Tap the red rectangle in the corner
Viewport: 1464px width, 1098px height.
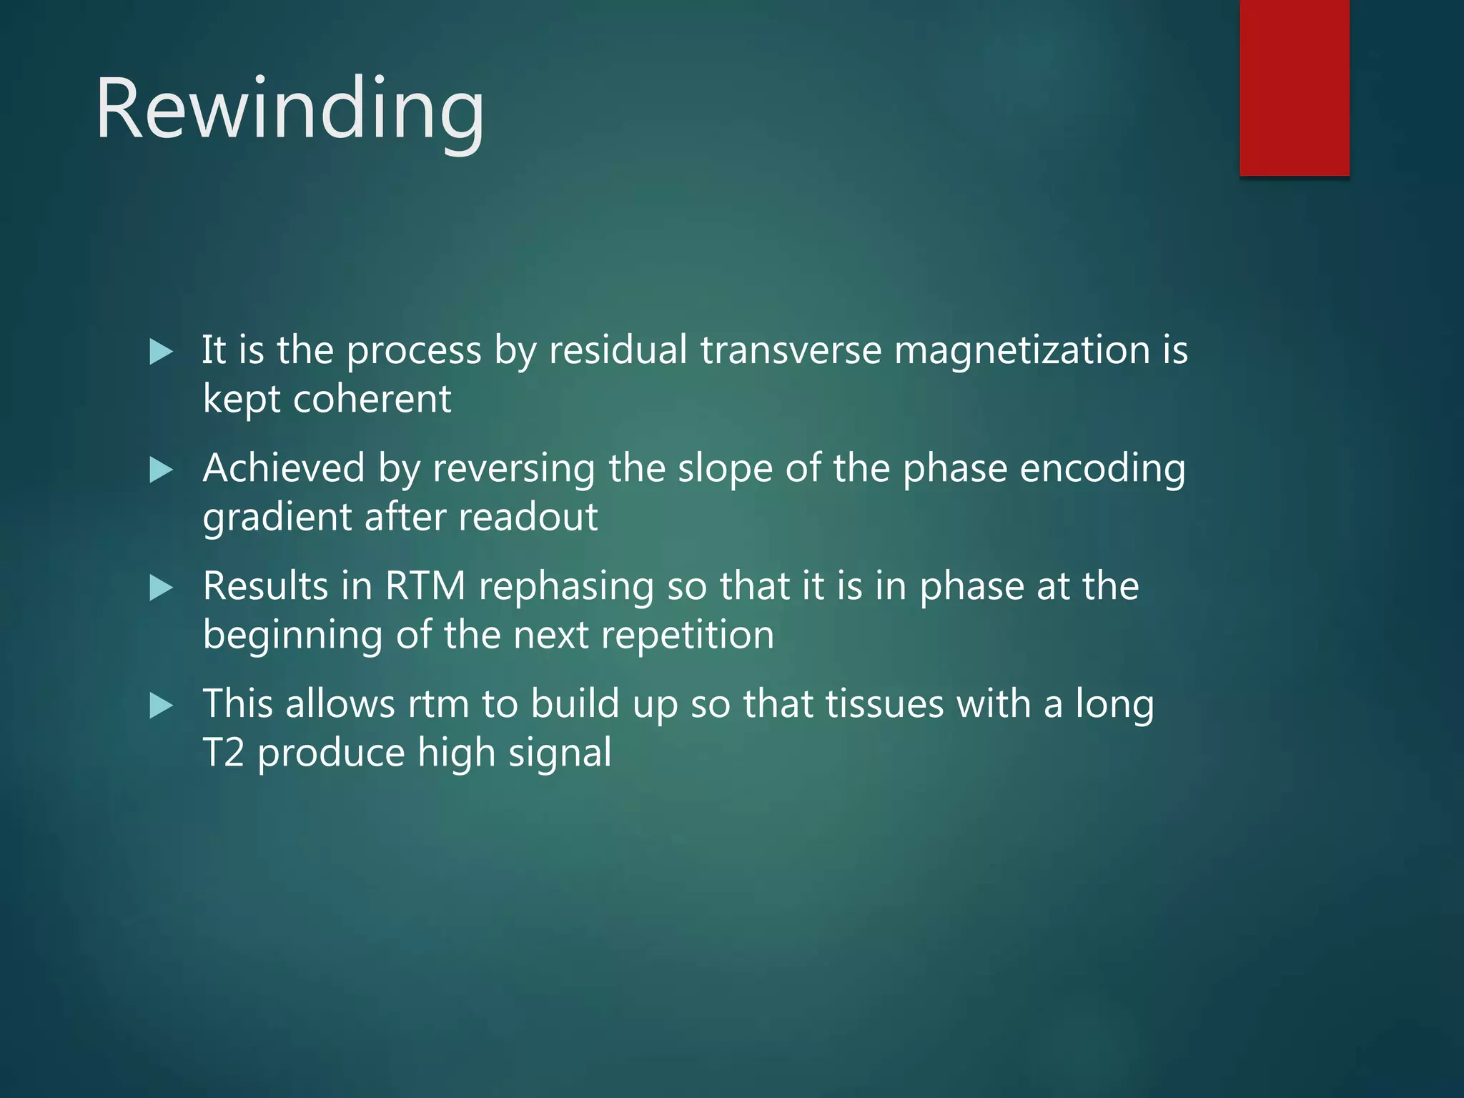pos(1294,87)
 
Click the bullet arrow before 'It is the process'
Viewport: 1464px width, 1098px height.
pos(162,352)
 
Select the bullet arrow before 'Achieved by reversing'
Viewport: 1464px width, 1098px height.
pos(162,470)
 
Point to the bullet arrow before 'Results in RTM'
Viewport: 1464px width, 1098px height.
pos(162,588)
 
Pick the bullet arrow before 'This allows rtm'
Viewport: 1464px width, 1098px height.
pos(162,706)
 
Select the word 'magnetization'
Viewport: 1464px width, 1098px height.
pos(1022,350)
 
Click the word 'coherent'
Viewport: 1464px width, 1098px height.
pos(372,399)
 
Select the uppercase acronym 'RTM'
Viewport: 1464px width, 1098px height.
pos(425,586)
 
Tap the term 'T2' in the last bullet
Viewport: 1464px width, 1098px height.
pos(224,753)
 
